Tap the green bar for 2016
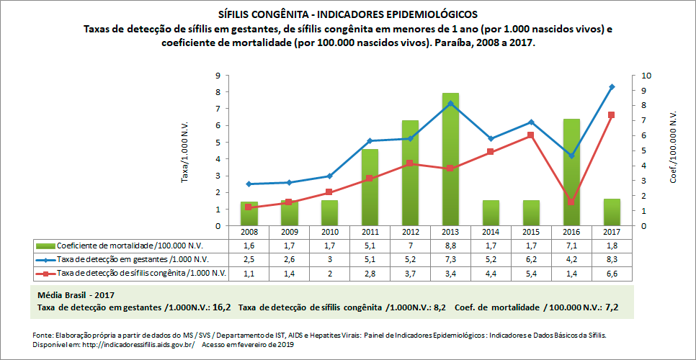[571, 173]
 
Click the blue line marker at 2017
[612, 87]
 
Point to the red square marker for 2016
[571, 202]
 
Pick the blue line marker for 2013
[450, 104]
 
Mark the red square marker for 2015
[531, 135]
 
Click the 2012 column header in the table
[410, 233]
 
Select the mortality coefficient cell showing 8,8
[450, 246]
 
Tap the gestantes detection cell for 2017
[612, 259]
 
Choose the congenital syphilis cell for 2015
[531, 273]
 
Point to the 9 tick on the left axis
[217, 76]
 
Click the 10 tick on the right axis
[646, 76]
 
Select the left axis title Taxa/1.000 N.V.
[184, 151]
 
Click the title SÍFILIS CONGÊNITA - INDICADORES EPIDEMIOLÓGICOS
[347, 14]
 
